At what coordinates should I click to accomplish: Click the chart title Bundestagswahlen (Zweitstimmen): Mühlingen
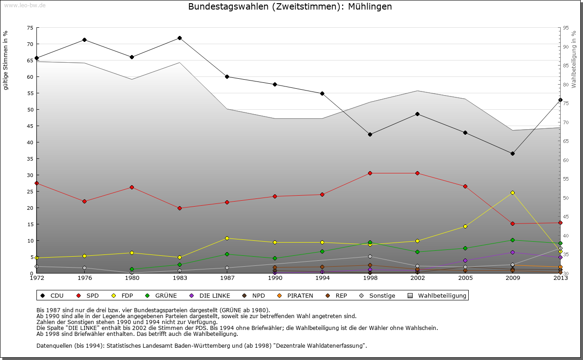[x=290, y=7]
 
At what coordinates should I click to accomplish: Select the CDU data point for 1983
[x=179, y=38]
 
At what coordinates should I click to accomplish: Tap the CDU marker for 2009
[x=512, y=153]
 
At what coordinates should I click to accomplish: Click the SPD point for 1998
[x=370, y=173]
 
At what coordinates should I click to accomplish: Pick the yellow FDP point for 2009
[x=512, y=193]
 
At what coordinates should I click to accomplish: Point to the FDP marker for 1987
[x=227, y=238]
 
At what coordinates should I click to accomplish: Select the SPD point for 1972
[x=37, y=183]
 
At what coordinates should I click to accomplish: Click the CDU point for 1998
[x=370, y=134]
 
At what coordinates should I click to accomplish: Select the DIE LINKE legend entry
[x=210, y=296]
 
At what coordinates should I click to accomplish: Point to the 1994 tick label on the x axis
[x=322, y=278]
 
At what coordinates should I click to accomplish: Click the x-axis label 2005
[x=465, y=278]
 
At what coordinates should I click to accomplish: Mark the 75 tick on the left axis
[x=30, y=28]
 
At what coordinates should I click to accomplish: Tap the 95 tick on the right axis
[x=566, y=28]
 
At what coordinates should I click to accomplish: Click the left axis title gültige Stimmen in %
[x=6, y=60]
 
